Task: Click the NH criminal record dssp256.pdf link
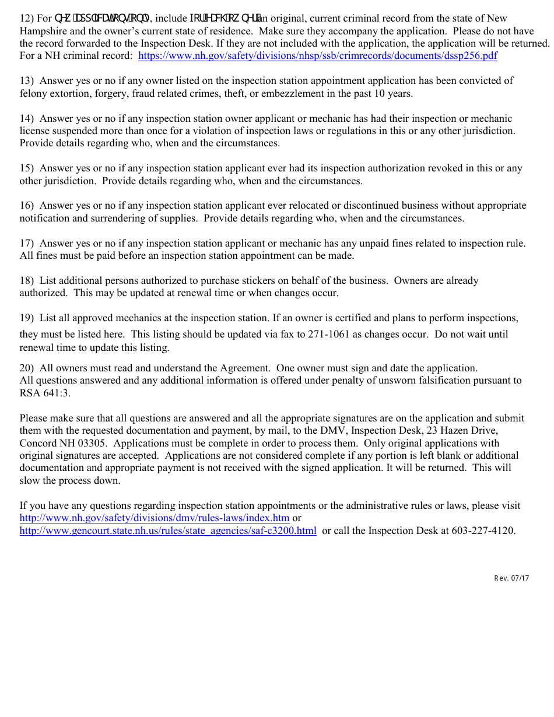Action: (318, 56)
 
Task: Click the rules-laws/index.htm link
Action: (155, 518)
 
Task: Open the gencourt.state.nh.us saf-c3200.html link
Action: (168, 530)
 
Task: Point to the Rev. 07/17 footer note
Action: (511, 578)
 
